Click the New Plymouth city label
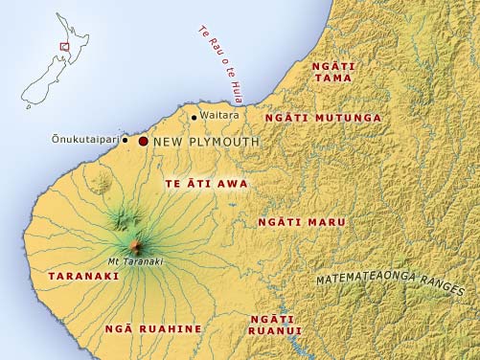click(x=206, y=142)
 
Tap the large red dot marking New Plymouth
click(x=144, y=141)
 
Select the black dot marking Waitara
click(x=194, y=118)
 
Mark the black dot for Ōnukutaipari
click(x=126, y=140)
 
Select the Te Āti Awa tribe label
click(x=206, y=183)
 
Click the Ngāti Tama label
click(x=333, y=72)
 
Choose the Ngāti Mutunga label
click(x=323, y=118)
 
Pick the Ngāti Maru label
click(x=302, y=221)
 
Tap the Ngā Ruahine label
click(x=153, y=328)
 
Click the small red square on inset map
click(x=64, y=45)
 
